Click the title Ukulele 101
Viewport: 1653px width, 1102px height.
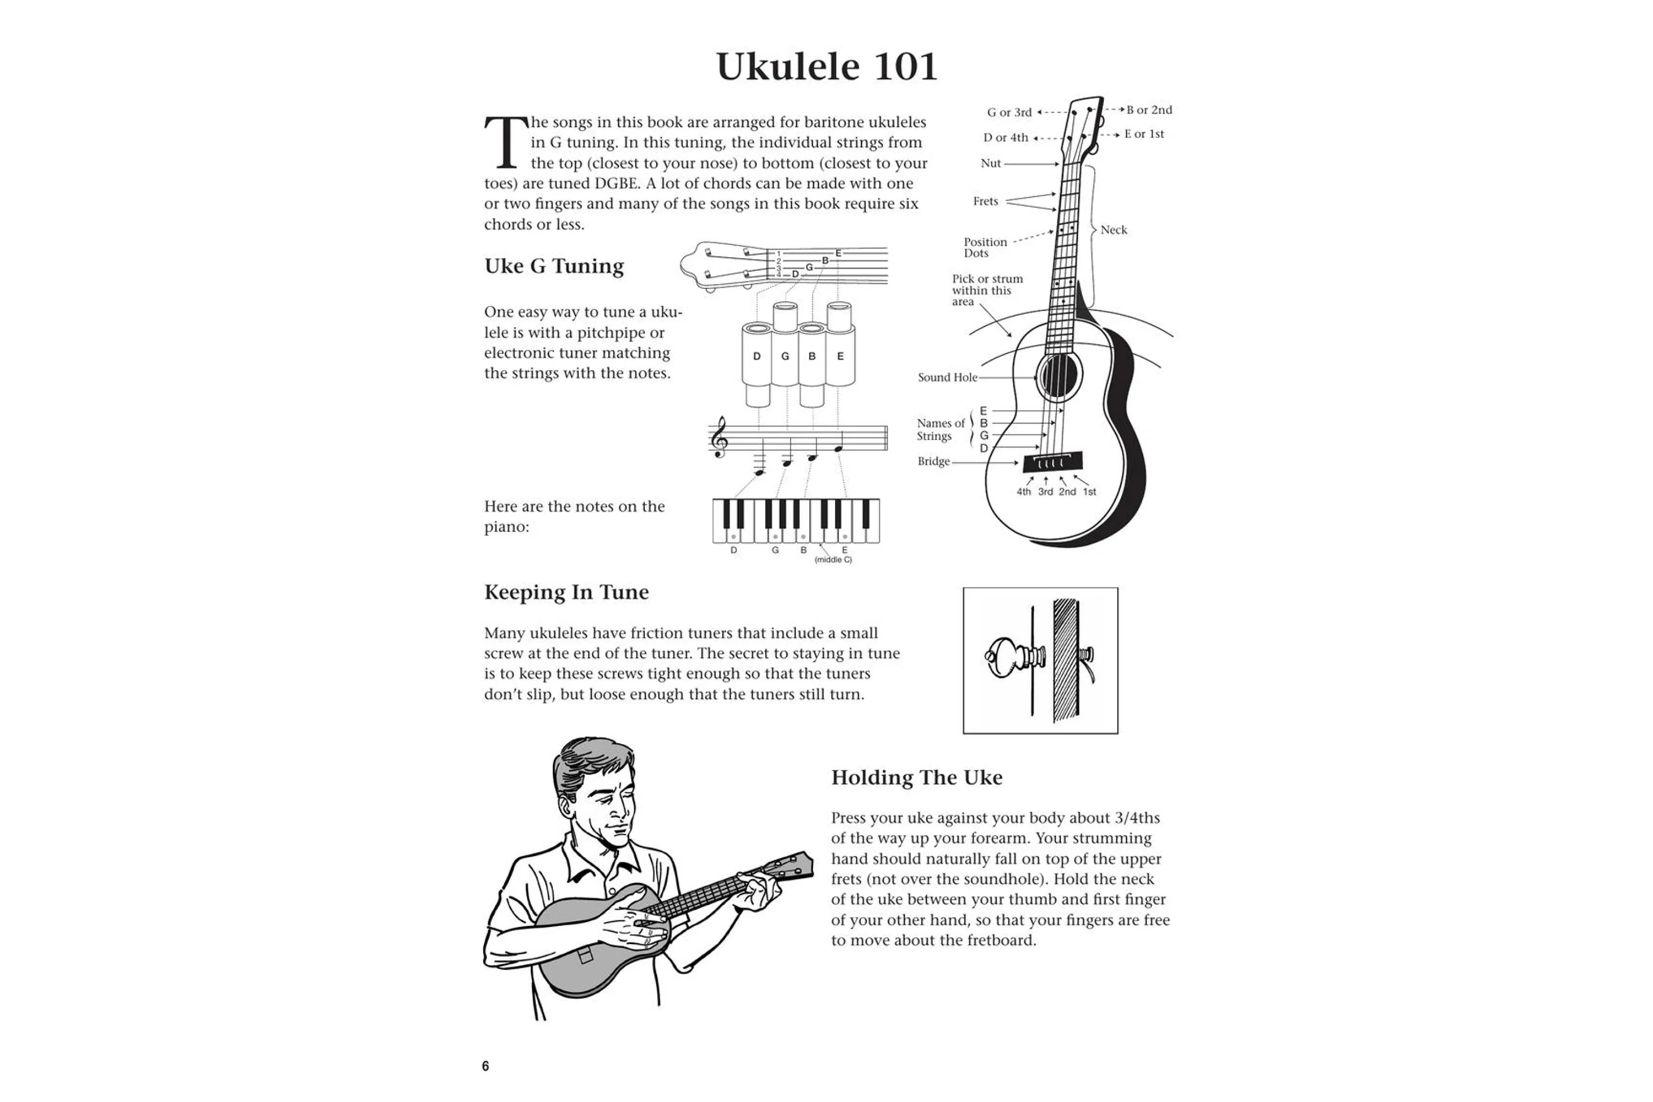coord(827,67)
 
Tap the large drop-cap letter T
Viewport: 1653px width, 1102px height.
coord(505,143)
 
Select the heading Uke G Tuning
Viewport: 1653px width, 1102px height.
coord(554,266)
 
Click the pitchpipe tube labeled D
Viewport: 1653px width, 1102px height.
coord(757,356)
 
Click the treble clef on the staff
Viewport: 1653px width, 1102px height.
coord(719,437)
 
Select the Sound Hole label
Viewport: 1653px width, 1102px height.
coord(947,377)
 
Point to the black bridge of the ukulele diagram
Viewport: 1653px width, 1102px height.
coord(1052,462)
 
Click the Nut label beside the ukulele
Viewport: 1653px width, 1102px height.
coord(990,163)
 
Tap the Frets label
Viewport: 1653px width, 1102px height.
coord(985,202)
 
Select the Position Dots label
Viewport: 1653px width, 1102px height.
coord(985,247)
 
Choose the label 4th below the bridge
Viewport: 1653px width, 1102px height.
coord(1023,492)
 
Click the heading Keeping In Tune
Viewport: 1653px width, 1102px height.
coord(566,592)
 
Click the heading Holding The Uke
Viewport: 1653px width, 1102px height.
coord(916,777)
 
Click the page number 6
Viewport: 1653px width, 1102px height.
coord(485,1066)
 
